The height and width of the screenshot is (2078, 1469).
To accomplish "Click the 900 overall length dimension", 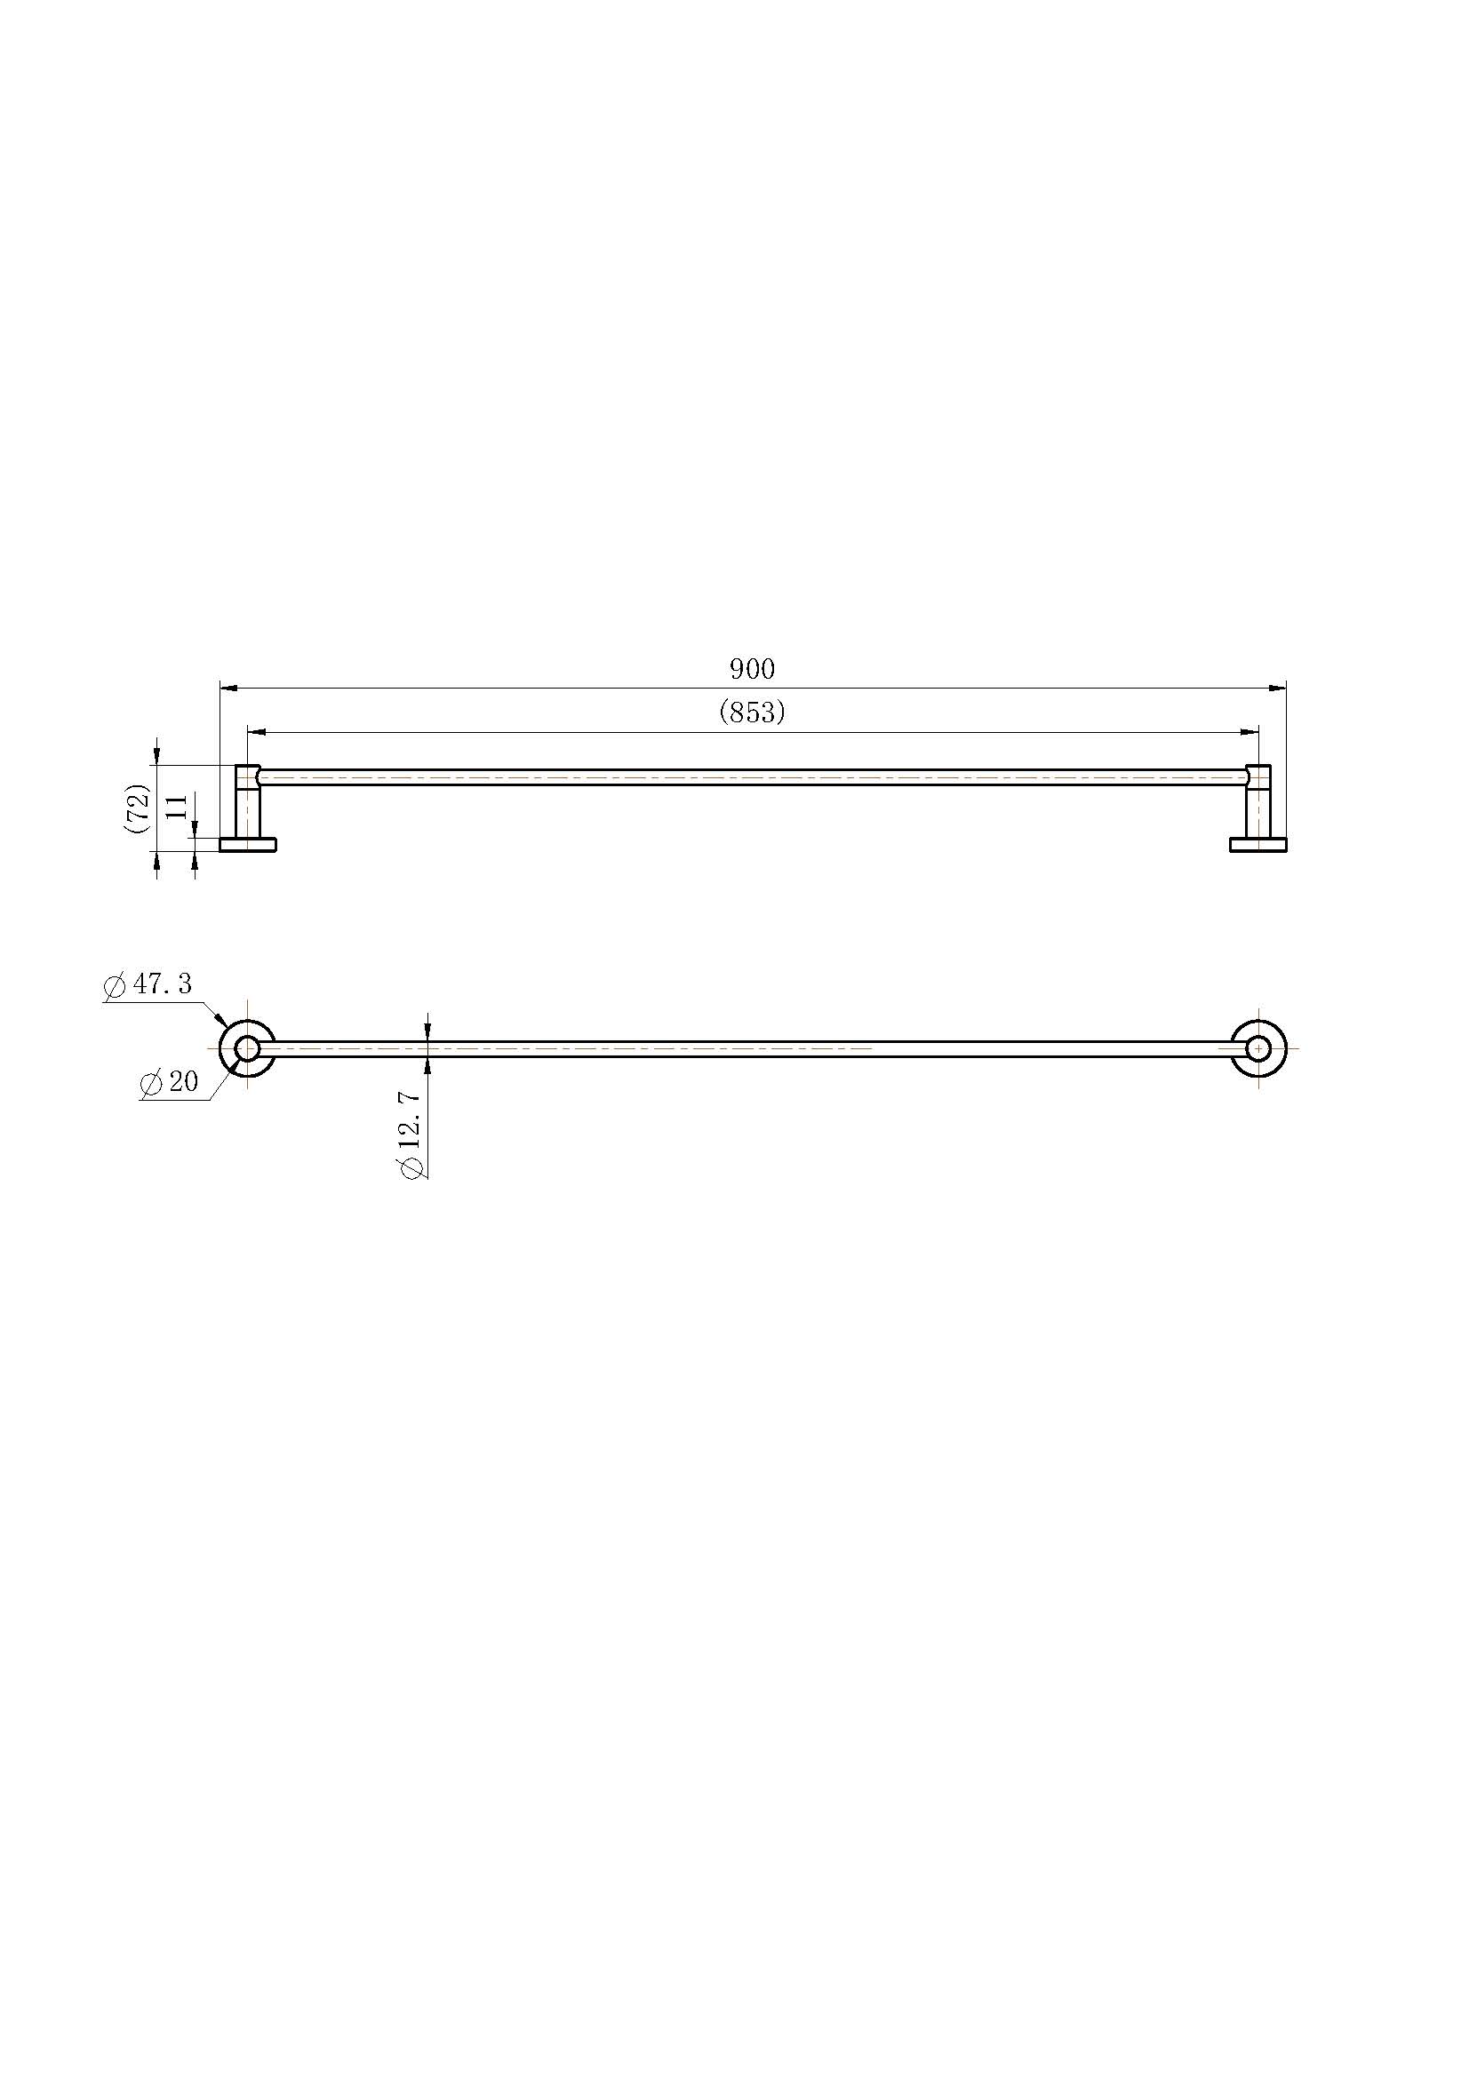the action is (752, 669).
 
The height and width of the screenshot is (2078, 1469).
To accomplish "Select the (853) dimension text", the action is (752, 713).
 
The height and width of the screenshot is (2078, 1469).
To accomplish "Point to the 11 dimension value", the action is (178, 806).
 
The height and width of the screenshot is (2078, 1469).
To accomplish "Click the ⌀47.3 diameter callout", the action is (149, 984).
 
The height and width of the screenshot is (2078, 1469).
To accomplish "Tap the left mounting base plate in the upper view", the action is (248, 844).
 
